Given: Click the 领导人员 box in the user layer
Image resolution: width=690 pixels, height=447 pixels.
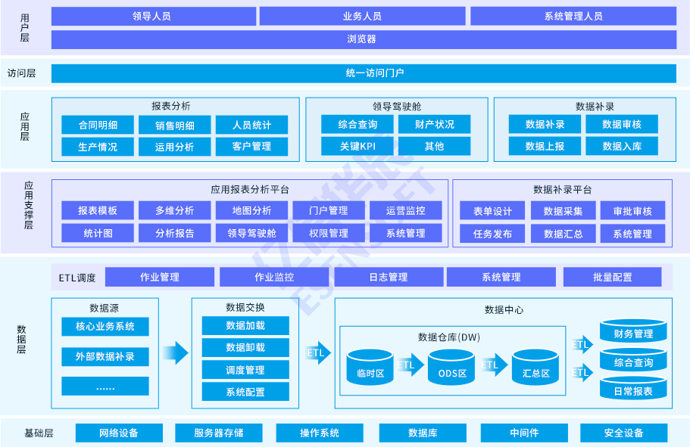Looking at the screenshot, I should (x=151, y=16).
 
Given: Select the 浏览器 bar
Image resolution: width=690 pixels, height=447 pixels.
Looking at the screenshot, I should (x=364, y=39).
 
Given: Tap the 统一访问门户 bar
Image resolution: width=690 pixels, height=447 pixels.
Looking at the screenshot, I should (x=364, y=73).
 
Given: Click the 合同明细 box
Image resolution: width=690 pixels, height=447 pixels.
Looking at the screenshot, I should (x=98, y=125).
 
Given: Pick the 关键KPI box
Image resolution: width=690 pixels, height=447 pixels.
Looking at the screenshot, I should (x=357, y=146).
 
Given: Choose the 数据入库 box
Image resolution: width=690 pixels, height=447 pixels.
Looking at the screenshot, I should (x=622, y=146).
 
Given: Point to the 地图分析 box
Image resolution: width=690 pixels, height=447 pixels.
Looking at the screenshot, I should (x=251, y=210).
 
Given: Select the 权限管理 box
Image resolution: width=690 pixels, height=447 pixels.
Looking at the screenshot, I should (x=329, y=233).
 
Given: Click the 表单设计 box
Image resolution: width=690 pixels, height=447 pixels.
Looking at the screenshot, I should (x=492, y=211).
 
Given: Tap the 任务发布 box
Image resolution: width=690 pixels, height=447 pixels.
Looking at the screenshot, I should (x=492, y=234).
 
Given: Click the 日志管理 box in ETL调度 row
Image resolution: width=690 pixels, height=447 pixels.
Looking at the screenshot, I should (x=388, y=278).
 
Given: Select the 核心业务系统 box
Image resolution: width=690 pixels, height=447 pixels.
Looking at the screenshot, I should (x=105, y=327).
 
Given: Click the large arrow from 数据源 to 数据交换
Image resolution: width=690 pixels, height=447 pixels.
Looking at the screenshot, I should (x=175, y=352).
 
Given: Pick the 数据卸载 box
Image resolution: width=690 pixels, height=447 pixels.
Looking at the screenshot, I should (x=245, y=347).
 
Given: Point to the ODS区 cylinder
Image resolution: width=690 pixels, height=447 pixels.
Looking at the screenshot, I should (x=451, y=367).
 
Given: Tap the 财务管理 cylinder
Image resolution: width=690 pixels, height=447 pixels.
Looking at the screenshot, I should (x=633, y=332).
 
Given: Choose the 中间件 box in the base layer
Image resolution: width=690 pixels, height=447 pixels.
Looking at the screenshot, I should (x=524, y=433).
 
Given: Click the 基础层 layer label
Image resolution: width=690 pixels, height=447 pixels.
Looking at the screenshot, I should (x=39, y=433).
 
